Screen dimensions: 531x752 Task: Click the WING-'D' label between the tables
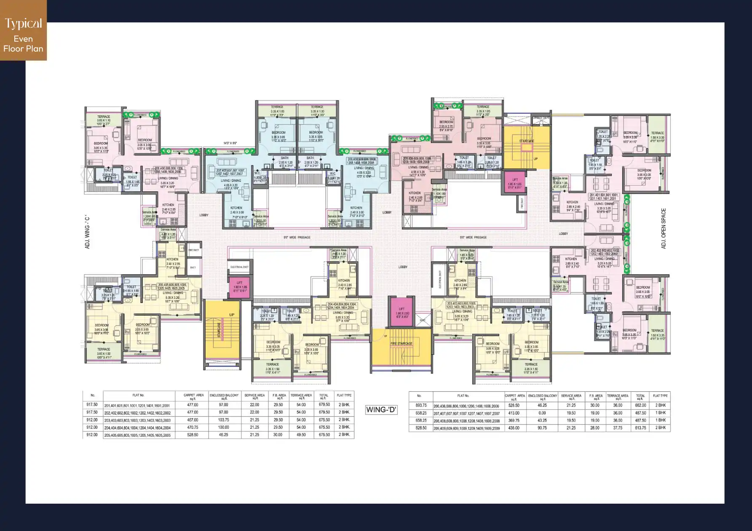tap(381, 409)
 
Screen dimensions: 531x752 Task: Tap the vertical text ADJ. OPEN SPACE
tap(664, 228)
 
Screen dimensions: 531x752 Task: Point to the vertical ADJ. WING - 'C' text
tap(88, 232)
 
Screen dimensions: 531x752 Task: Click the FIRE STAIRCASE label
tap(401, 344)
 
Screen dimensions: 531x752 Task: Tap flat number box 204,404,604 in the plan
tap(341, 306)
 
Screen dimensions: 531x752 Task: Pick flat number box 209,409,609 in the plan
tap(416, 160)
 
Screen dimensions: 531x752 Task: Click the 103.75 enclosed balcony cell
tap(224, 420)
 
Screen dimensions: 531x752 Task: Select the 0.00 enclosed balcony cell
tap(542, 413)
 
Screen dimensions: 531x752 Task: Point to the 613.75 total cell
tap(640, 428)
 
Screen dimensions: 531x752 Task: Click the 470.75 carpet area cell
tap(193, 427)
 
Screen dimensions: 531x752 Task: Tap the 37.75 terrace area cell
tap(618, 428)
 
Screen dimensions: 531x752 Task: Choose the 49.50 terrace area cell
tap(301, 435)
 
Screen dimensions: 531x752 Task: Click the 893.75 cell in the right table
tap(421, 406)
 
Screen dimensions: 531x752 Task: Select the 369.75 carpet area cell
tap(514, 420)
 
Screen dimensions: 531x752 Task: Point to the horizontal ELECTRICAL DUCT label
tap(239, 267)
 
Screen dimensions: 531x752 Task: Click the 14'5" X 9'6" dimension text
tap(230, 143)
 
